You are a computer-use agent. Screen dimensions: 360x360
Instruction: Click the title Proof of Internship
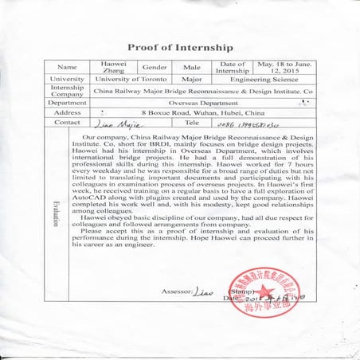[x=180, y=46]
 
